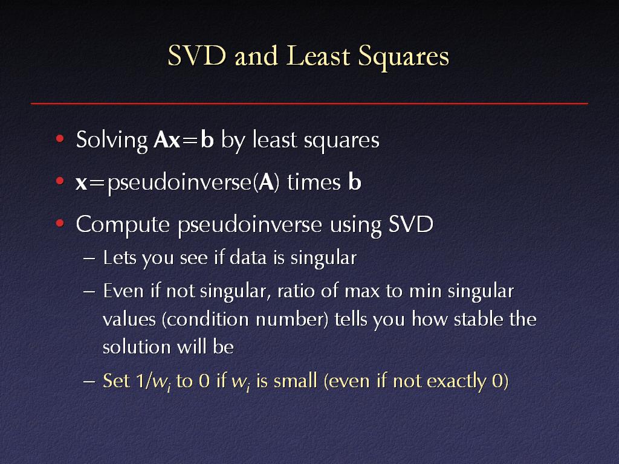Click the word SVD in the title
pyautogui.click(x=197, y=56)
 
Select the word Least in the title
pyautogui.click(x=318, y=56)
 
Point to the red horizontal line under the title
pyautogui.click(x=309, y=103)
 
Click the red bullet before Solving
pyautogui.click(x=60, y=138)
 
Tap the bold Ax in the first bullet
pyautogui.click(x=167, y=140)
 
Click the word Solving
pyautogui.click(x=112, y=141)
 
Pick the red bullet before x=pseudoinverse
pyautogui.click(x=60, y=181)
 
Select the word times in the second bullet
pyautogui.click(x=314, y=182)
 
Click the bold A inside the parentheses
pyautogui.click(x=266, y=182)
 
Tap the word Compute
pyautogui.click(x=123, y=225)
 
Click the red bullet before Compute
pyautogui.click(x=60, y=224)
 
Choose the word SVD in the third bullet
pyautogui.click(x=410, y=224)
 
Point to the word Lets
pyautogui.click(x=120, y=258)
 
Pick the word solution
pyautogui.click(x=136, y=347)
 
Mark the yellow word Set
pyautogui.click(x=116, y=381)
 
